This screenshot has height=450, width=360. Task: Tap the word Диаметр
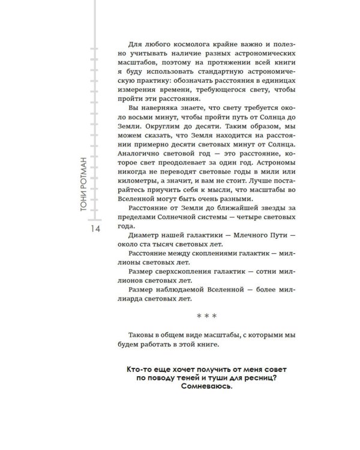137,236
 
